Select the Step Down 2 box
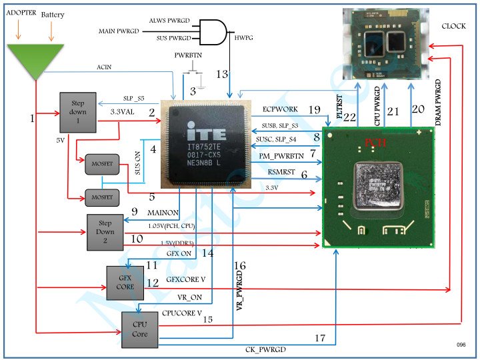point(103,233)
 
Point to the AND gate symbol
point(215,31)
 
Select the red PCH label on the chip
point(374,142)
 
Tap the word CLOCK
point(455,26)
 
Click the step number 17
point(319,339)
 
